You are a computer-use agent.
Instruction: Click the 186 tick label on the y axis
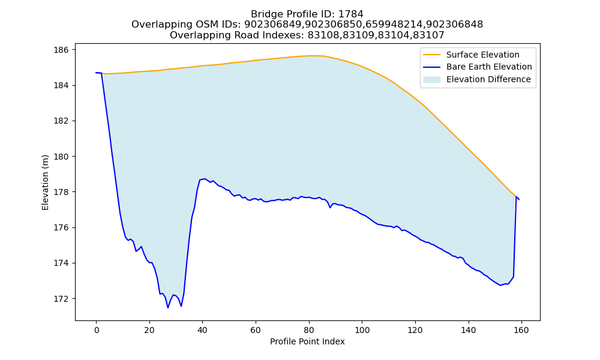click(63, 50)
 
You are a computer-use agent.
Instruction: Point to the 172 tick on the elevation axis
click(63, 299)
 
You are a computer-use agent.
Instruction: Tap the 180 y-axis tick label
click(63, 157)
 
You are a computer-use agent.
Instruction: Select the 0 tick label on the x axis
click(97, 330)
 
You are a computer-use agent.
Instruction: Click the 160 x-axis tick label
click(521, 330)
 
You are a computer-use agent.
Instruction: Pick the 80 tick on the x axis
click(309, 330)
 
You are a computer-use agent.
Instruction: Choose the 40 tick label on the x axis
click(202, 330)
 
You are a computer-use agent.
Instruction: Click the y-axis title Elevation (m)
click(45, 182)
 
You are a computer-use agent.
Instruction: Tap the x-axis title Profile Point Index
click(307, 341)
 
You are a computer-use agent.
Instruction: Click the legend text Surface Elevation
click(482, 55)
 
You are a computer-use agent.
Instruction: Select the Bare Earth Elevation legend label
click(489, 67)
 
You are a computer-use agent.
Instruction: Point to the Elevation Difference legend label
click(488, 79)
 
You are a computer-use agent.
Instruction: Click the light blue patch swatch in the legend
click(431, 80)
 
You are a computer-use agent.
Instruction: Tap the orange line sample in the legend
click(431, 55)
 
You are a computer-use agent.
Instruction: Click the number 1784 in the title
click(350, 14)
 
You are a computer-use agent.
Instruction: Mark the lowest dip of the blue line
click(167, 308)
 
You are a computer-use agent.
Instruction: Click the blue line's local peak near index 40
click(205, 179)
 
